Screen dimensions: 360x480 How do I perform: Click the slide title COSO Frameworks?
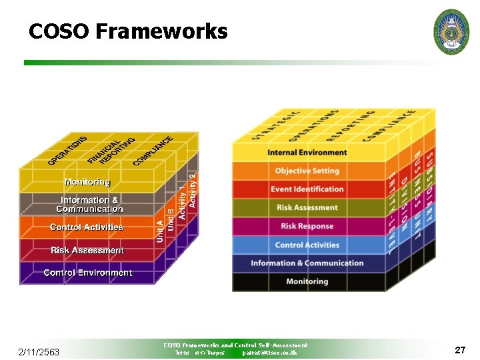[x=128, y=31]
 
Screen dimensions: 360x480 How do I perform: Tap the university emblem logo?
[x=451, y=31]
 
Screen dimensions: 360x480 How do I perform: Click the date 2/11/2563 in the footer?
[x=39, y=352]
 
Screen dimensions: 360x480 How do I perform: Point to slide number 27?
[x=459, y=349]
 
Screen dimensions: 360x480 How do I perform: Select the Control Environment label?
[x=87, y=273]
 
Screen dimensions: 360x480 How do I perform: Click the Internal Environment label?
[x=307, y=153]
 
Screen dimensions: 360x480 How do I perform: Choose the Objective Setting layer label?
[x=307, y=171]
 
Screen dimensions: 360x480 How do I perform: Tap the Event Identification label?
[x=307, y=189]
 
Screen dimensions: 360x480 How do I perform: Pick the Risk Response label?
[x=307, y=227]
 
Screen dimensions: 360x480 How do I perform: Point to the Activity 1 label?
[x=182, y=203]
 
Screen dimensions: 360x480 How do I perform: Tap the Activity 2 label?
[x=193, y=190]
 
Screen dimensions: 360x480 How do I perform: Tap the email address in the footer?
[x=270, y=353]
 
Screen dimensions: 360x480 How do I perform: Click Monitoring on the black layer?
[x=307, y=281]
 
